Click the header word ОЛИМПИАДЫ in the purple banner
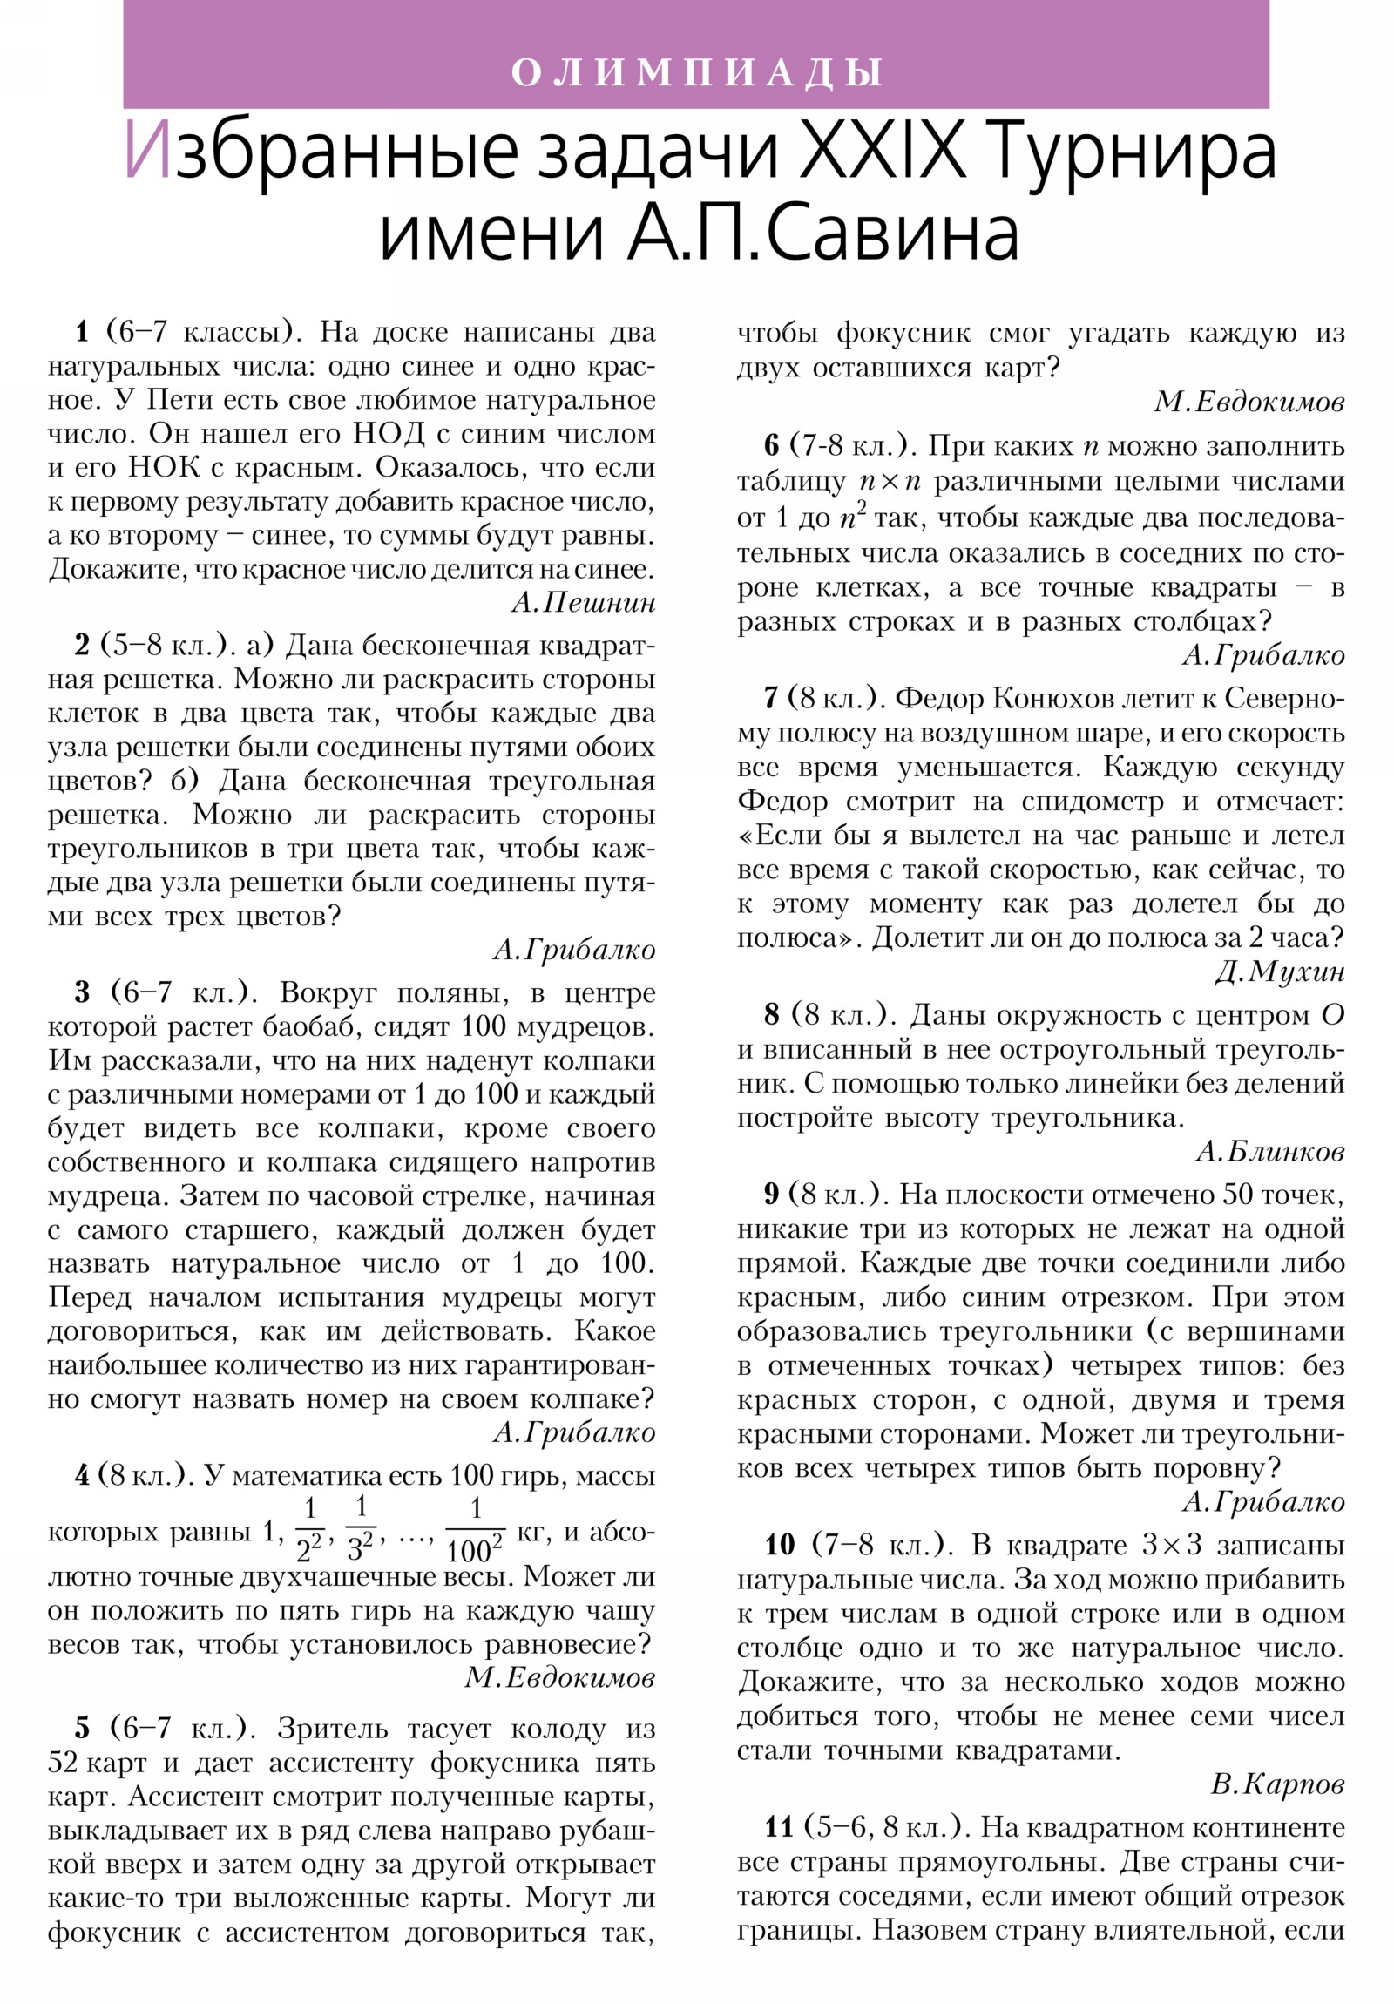pos(696,72)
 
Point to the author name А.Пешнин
pos(583,602)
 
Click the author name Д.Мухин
pos(1279,972)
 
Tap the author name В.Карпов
pos(1277,1784)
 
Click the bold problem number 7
pos(770,698)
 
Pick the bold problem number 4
pos(82,1476)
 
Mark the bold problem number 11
pos(779,1829)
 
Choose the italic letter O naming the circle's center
pos(1331,1015)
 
